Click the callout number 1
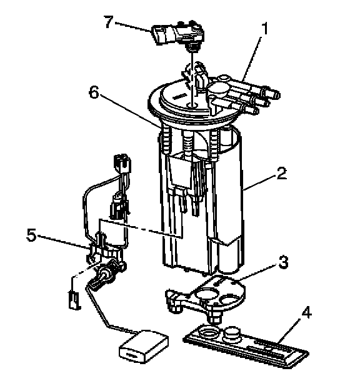[264, 28]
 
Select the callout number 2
[282, 173]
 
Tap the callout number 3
[283, 262]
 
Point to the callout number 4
[306, 312]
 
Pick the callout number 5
[31, 235]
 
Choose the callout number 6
[94, 92]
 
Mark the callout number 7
[109, 22]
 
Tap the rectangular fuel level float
[144, 346]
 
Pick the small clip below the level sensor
[74, 300]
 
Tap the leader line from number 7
[133, 27]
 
